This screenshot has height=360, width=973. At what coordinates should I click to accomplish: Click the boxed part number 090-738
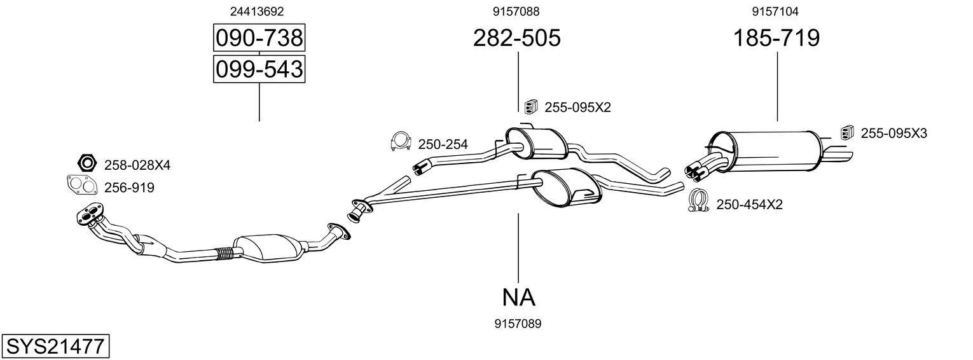(x=259, y=39)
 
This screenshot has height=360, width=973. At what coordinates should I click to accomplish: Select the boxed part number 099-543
(x=259, y=69)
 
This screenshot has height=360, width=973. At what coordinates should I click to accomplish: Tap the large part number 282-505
(x=517, y=39)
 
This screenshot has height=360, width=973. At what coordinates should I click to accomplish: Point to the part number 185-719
(x=776, y=39)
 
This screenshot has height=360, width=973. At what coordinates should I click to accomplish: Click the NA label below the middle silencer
(x=518, y=297)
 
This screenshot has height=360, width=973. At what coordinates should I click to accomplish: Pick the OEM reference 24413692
(x=257, y=11)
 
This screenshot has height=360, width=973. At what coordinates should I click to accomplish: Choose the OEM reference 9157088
(x=517, y=11)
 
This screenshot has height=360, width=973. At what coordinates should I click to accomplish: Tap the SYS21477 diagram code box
(x=55, y=347)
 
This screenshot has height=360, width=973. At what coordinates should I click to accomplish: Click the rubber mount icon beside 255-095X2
(x=529, y=107)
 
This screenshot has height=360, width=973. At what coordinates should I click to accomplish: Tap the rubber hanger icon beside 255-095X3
(x=846, y=132)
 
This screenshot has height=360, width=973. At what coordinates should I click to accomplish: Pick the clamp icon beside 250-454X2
(x=698, y=202)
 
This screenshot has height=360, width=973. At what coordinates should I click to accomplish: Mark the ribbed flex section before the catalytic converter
(x=224, y=254)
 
